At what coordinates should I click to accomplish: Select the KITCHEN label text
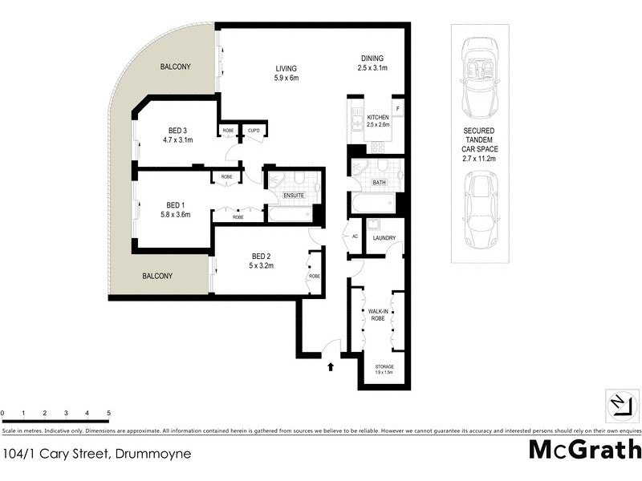[x=377, y=117]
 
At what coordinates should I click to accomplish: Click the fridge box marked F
[x=397, y=107]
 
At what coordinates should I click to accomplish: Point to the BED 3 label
[x=177, y=131]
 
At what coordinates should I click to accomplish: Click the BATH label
[x=380, y=183]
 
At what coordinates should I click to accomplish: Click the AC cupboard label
[x=355, y=236]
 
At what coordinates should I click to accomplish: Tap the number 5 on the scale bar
[x=108, y=414]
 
